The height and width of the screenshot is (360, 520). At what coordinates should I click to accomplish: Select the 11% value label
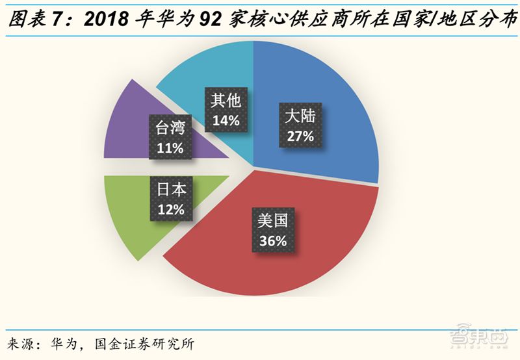pyautogui.click(x=169, y=148)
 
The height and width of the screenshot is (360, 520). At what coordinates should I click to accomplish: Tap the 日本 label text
pyautogui.click(x=171, y=190)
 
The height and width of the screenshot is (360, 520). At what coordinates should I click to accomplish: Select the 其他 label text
pyautogui.click(x=226, y=101)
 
